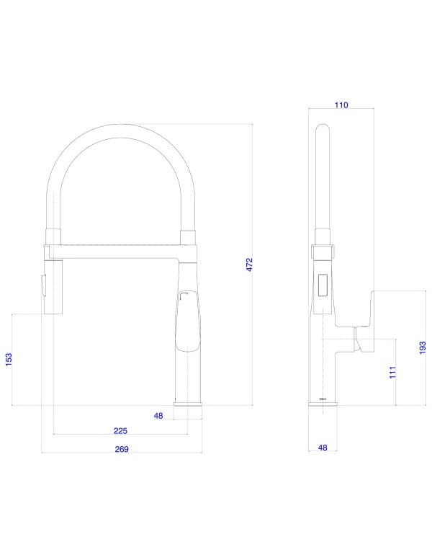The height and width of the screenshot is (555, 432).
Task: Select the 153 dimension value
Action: [9, 360]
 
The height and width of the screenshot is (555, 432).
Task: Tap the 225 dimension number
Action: [120, 431]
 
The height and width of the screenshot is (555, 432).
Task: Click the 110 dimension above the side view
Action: [341, 105]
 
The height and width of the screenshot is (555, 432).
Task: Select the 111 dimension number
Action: [393, 373]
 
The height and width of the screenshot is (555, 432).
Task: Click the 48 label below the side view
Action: [323, 448]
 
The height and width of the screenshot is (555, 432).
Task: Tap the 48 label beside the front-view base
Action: [159, 415]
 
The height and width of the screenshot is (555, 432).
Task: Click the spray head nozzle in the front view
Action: [55, 288]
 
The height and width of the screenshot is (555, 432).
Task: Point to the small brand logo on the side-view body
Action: [323, 396]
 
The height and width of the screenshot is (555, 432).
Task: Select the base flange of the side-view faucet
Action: [323, 403]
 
